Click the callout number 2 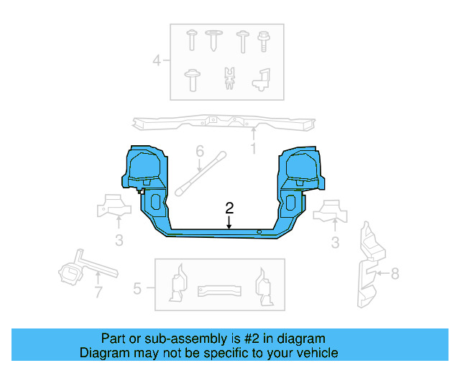pyautogui.click(x=229, y=208)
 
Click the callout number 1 pyautogui.click(x=253, y=149)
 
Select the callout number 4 pyautogui.click(x=157, y=60)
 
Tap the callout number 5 pyautogui.click(x=138, y=290)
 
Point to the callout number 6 pyautogui.click(x=200, y=152)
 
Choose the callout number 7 pyautogui.click(x=98, y=292)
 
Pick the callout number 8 pyautogui.click(x=394, y=273)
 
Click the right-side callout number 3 pyautogui.click(x=335, y=243)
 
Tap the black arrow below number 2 pyautogui.click(x=229, y=223)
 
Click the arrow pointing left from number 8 pyautogui.click(x=381, y=273)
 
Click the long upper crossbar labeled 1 pyautogui.click(x=223, y=123)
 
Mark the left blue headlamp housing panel pyautogui.click(x=145, y=169)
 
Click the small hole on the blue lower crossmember pyautogui.click(x=258, y=231)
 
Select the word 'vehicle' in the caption pyautogui.click(x=316, y=353)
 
